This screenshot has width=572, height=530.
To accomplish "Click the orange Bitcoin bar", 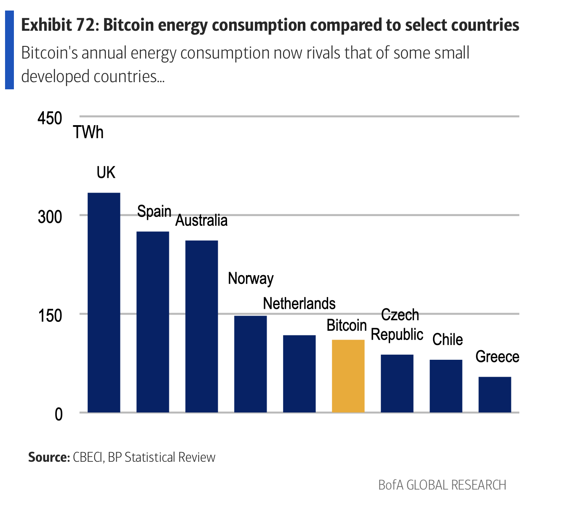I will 348,376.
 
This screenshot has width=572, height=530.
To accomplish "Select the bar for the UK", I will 104,302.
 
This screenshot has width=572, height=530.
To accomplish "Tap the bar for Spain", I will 152,322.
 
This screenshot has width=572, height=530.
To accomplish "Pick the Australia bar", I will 201,327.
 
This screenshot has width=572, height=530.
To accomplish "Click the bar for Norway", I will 250,364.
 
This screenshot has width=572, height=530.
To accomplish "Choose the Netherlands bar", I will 299,374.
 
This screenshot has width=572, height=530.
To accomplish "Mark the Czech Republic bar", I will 397,383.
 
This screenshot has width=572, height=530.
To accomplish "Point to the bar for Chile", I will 446,386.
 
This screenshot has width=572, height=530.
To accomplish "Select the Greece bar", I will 494,394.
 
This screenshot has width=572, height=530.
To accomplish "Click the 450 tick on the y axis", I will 50,118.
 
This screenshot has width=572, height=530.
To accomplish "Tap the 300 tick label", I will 50,217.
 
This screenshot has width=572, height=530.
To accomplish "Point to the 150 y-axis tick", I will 50,316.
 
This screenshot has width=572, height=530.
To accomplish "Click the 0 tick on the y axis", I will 59,414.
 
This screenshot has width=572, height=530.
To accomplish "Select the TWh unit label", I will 88,132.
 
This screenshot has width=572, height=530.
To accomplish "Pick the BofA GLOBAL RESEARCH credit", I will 442,485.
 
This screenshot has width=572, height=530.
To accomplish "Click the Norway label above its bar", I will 251,278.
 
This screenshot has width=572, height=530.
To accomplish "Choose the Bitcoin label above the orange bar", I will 347,325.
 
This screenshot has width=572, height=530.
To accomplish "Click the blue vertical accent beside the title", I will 9,50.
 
